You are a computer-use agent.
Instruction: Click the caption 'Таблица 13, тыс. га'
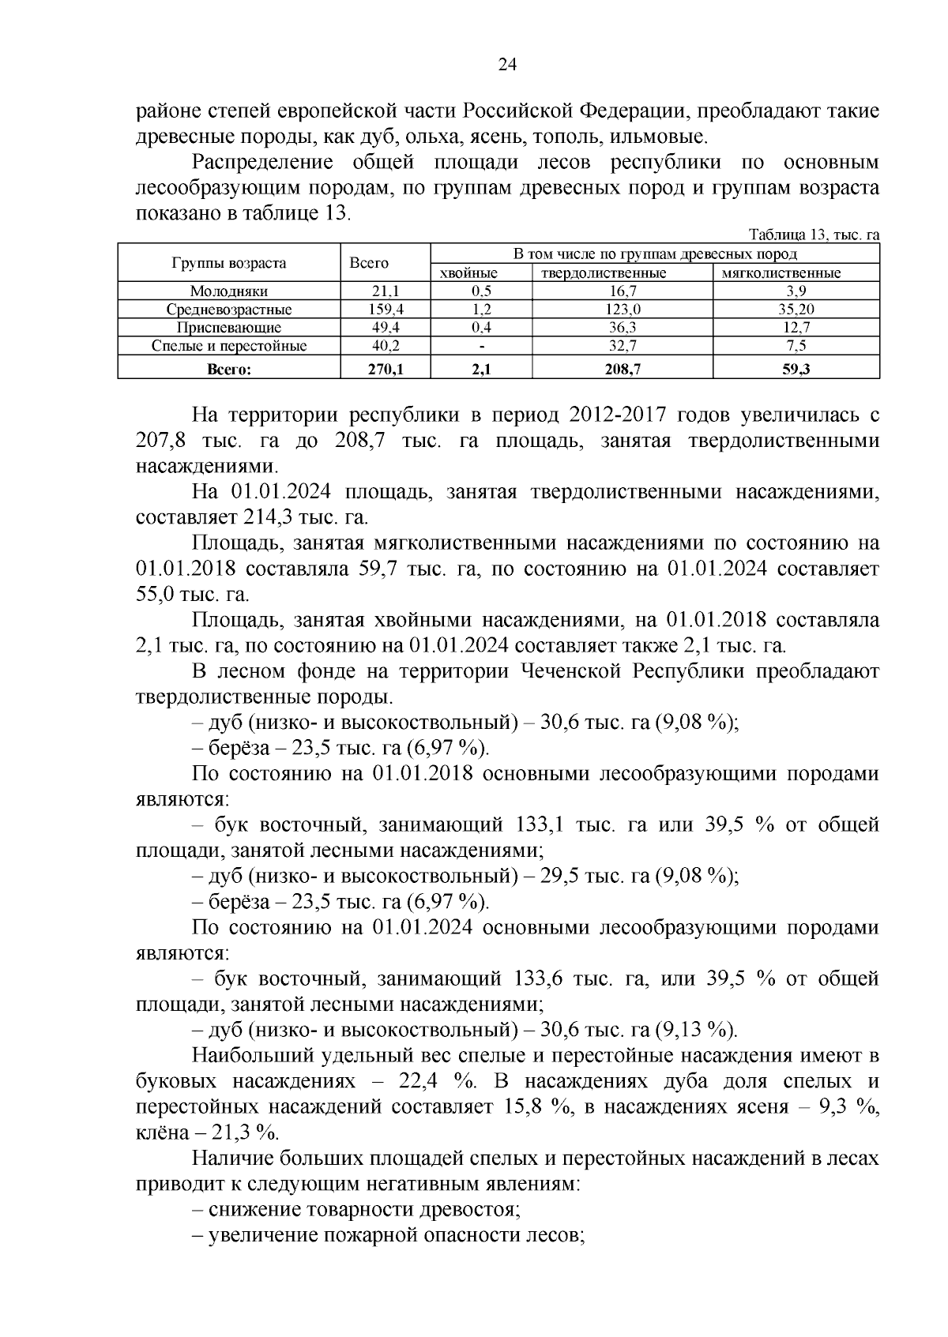pos(814,235)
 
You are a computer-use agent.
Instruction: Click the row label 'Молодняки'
pos(228,291)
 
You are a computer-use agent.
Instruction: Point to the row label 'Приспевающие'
pos(228,328)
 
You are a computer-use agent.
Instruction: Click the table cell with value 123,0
pos(623,310)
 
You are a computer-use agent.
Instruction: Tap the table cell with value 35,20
pos(796,310)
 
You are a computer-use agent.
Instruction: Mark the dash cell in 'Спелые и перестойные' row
pos(481,346)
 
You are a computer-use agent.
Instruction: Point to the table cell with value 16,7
pos(623,291)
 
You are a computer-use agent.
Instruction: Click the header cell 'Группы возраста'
pos(228,263)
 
